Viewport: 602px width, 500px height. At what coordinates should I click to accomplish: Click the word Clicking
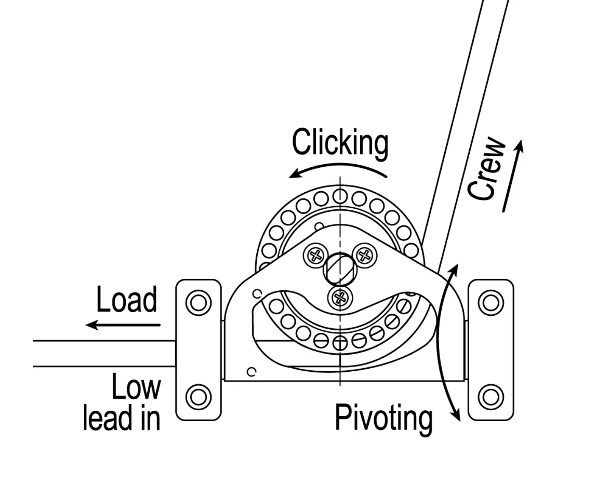(340, 142)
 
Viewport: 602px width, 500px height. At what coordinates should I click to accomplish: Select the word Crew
(486, 169)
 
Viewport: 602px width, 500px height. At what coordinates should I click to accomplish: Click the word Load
(127, 300)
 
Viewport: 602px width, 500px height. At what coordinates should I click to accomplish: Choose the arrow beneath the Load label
(123, 325)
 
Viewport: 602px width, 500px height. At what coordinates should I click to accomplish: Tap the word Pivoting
(383, 418)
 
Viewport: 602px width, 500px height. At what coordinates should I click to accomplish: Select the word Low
(136, 387)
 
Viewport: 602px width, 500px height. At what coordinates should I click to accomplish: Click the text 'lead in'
(121, 418)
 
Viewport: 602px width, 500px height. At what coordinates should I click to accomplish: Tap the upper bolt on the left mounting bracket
(198, 303)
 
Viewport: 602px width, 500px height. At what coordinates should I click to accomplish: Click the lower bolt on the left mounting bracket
(198, 397)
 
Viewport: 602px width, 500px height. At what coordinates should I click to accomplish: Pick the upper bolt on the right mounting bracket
(490, 303)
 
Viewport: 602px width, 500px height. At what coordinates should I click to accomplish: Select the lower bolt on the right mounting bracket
(490, 397)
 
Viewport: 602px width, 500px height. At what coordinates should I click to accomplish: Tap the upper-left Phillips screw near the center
(315, 255)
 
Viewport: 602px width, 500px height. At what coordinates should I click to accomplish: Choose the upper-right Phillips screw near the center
(365, 255)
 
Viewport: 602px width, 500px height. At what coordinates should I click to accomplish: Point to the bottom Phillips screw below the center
(340, 298)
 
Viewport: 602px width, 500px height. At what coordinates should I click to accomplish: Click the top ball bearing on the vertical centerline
(340, 196)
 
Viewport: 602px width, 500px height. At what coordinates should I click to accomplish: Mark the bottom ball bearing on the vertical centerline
(340, 343)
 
